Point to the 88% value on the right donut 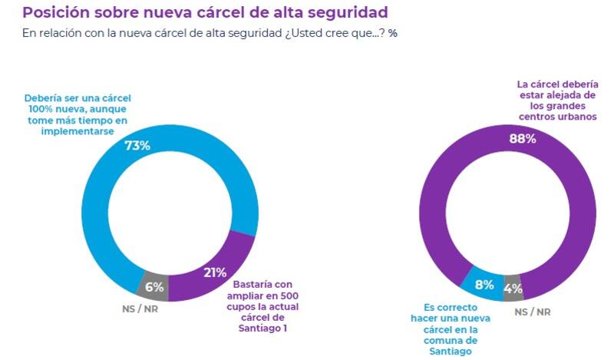[x=522, y=139]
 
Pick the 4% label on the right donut [x=513, y=290]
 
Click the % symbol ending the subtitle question [x=393, y=35]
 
